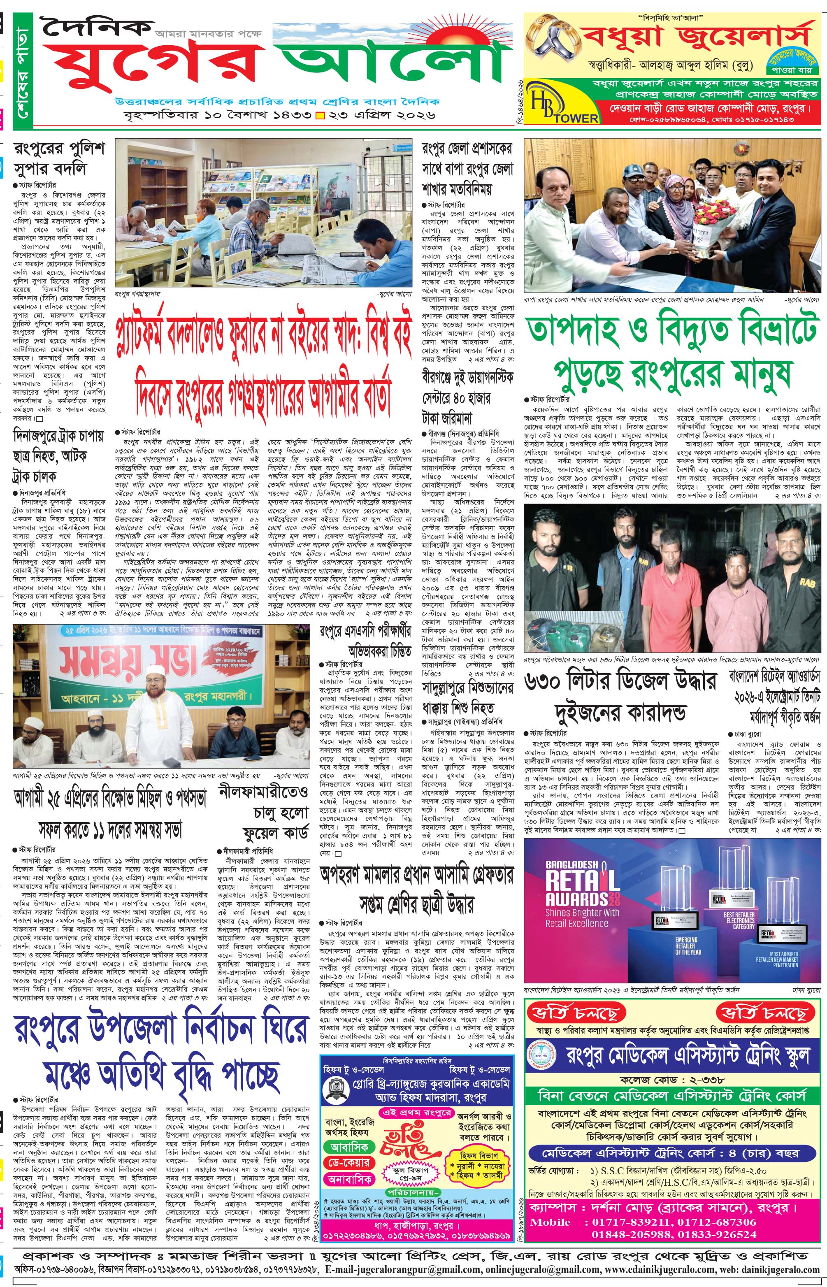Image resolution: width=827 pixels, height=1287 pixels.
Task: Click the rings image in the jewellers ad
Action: coord(551,46)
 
